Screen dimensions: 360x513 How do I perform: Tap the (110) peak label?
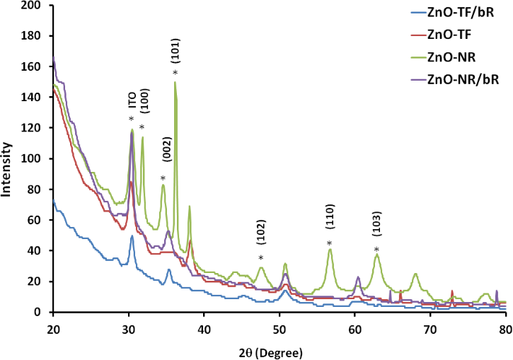tap(329, 221)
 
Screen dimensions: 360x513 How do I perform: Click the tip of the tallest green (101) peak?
tap(175, 82)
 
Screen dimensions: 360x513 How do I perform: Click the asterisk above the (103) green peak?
tap(376, 249)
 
